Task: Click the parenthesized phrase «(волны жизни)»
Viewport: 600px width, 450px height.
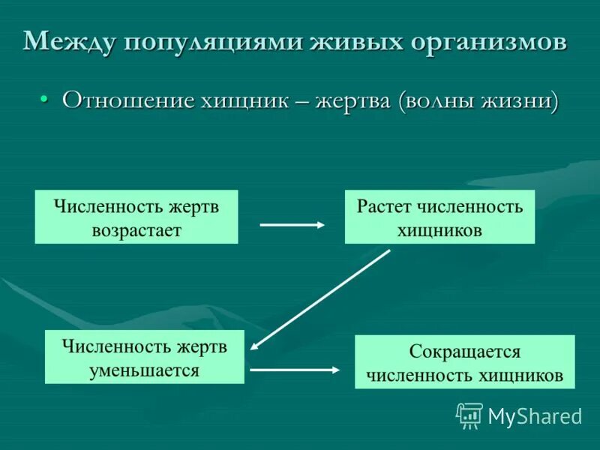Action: [478, 100]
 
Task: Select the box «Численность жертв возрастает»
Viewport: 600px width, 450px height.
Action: [136, 217]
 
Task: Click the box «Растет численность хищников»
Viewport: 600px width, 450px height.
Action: [439, 217]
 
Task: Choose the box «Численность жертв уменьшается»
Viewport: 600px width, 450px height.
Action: [145, 357]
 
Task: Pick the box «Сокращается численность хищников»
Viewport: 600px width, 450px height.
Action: [464, 362]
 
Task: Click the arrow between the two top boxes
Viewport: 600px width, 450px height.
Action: [292, 224]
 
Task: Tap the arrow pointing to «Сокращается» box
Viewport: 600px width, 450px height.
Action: [295, 369]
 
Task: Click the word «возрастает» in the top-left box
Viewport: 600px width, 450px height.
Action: [136, 229]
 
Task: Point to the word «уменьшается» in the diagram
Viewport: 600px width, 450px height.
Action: [145, 370]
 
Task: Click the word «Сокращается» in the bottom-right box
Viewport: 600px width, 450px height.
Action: [464, 351]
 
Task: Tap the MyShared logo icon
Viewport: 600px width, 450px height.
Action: [469, 415]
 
